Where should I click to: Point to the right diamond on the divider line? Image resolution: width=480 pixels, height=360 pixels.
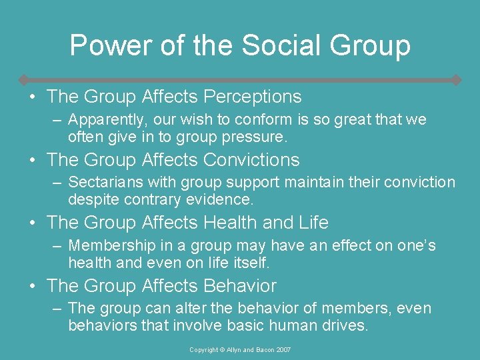pyautogui.click(x=456, y=80)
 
